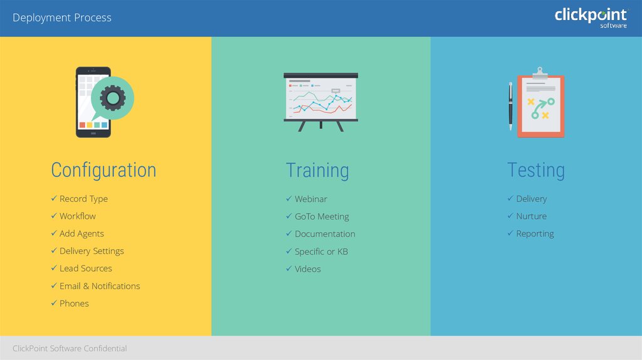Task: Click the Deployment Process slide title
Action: [x=62, y=18]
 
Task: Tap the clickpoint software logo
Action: [x=591, y=18]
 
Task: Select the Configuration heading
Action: [x=103, y=171]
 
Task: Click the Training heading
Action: [x=317, y=171]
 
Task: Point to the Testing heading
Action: [x=536, y=170]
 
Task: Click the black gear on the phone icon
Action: [x=113, y=98]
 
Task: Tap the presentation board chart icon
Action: [x=320, y=102]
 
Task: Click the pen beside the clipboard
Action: [x=510, y=106]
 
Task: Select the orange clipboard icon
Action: [x=540, y=103]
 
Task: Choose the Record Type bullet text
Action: [x=83, y=199]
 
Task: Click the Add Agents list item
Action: [x=82, y=234]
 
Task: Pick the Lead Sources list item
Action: [x=85, y=268]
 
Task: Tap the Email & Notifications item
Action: [x=100, y=286]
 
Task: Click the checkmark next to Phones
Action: [x=54, y=303]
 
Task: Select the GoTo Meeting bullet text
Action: [x=322, y=216]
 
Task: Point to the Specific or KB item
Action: [x=322, y=251]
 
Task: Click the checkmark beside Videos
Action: [x=288, y=268]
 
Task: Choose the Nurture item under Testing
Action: [x=531, y=216]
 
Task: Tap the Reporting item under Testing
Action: [x=535, y=234]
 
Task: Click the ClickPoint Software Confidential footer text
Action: [x=70, y=349]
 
